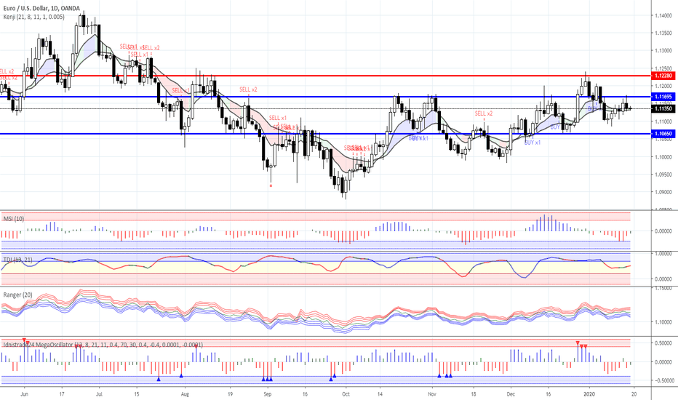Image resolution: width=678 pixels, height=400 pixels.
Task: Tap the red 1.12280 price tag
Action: click(663, 76)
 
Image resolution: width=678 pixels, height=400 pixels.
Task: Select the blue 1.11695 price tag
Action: click(663, 97)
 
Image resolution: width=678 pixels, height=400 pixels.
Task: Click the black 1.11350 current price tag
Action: click(663, 108)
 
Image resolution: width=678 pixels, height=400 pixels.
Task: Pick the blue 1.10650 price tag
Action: click(663, 134)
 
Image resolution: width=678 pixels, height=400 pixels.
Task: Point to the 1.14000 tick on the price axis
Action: click(662, 15)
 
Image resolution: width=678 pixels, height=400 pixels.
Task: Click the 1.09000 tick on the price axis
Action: click(662, 193)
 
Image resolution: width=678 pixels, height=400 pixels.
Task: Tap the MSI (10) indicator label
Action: click(14, 217)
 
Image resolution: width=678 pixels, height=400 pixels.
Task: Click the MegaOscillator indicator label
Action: click(102, 344)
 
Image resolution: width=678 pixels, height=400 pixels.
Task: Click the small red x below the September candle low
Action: click(271, 185)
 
